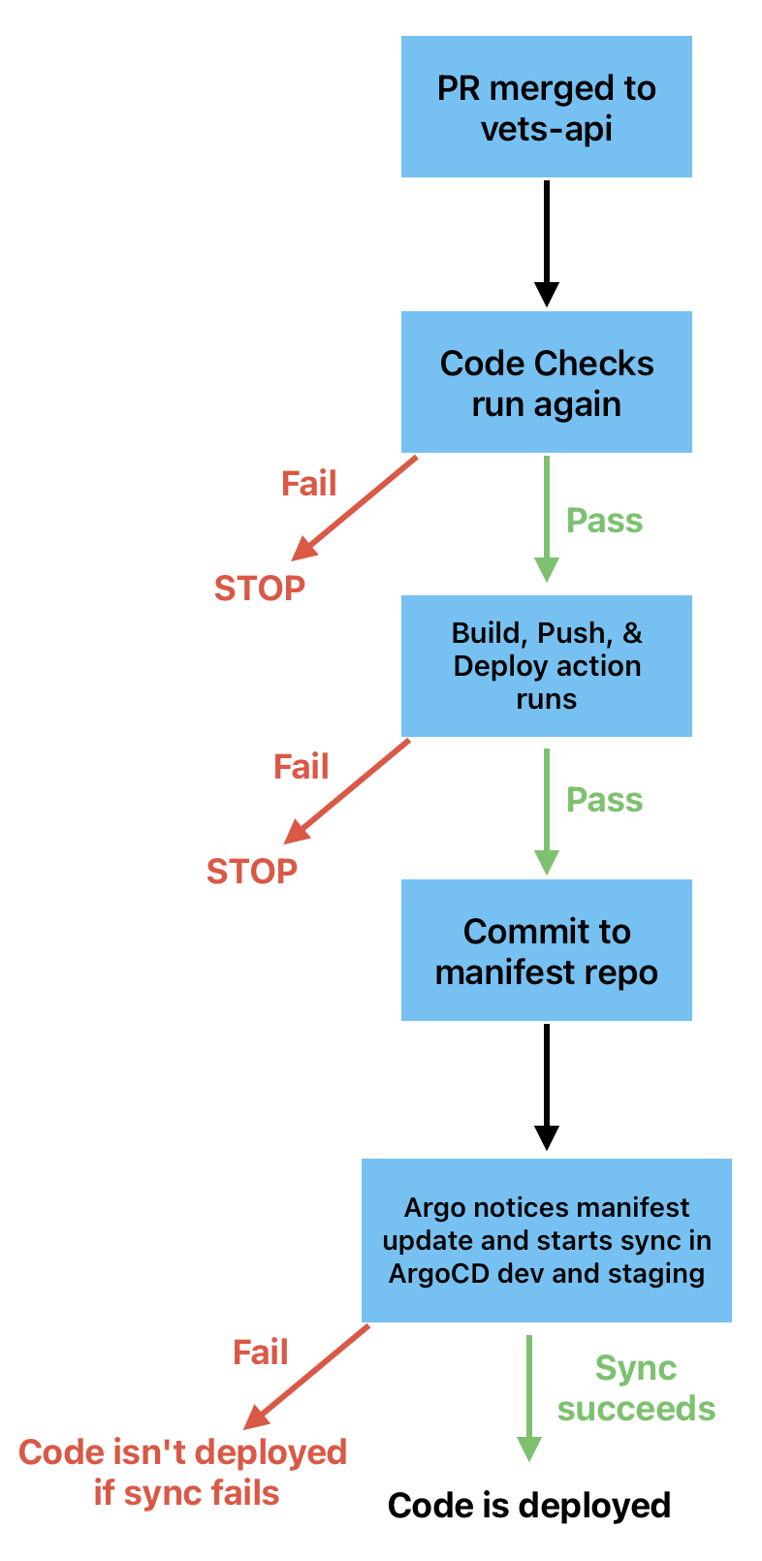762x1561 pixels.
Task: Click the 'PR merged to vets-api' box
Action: (546, 107)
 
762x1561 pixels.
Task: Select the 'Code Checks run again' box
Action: (546, 382)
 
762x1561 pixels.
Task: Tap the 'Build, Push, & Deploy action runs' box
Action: (546, 666)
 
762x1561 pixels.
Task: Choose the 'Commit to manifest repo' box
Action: (546, 950)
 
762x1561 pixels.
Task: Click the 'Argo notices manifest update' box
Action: (546, 1240)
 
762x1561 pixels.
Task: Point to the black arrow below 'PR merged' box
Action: (547, 242)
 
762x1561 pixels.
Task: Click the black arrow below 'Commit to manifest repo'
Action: (547, 1086)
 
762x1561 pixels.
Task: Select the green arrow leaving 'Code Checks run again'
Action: (547, 518)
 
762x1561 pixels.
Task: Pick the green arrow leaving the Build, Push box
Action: (547, 810)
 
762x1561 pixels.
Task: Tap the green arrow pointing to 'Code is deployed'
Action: (529, 1396)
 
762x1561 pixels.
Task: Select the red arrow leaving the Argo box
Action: (307, 1376)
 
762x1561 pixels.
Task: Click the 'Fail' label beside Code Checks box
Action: (308, 483)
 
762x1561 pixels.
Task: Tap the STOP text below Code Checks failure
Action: (259, 588)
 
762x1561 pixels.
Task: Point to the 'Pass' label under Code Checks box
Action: (604, 521)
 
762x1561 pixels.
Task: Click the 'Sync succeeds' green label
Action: (636, 1388)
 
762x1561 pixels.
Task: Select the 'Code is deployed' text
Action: (529, 1505)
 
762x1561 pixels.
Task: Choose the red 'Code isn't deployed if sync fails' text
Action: (183, 1472)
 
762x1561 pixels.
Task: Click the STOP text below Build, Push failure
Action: (251, 871)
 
